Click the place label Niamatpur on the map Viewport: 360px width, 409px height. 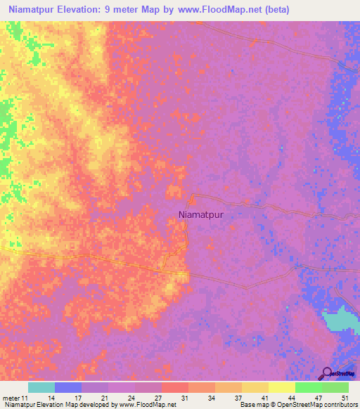click(x=201, y=216)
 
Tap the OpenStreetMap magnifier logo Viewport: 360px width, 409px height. click(x=328, y=373)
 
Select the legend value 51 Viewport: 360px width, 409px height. click(x=345, y=398)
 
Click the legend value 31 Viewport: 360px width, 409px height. click(x=184, y=398)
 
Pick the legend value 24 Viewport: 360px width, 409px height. click(x=131, y=398)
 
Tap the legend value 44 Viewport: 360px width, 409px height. click(x=291, y=398)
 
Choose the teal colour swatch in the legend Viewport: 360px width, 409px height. click(x=41, y=387)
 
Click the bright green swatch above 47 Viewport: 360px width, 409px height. click(x=308, y=387)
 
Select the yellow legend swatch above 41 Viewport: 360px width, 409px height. click(x=255, y=387)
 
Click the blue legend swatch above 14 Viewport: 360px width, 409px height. click(x=68, y=387)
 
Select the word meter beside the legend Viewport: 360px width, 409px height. click(x=9, y=398)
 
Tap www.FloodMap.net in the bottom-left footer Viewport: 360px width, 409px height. click(x=148, y=405)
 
